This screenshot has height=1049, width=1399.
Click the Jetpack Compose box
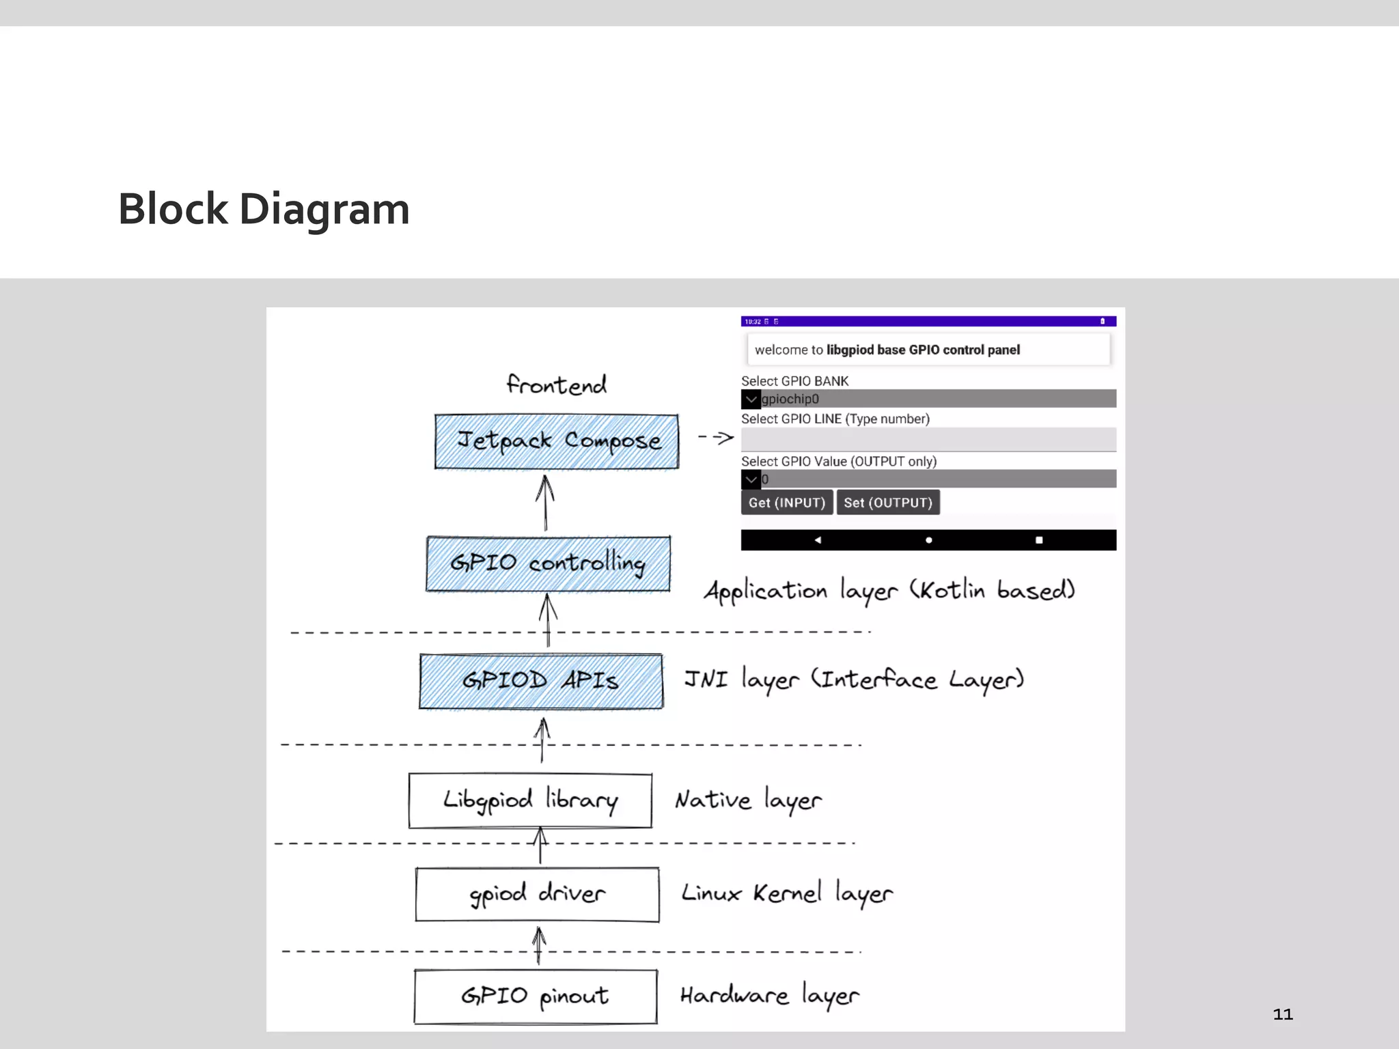tap(557, 441)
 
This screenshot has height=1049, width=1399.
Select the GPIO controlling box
tap(548, 563)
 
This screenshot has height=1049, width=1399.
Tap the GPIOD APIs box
tap(541, 681)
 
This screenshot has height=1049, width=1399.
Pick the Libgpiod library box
tap(530, 800)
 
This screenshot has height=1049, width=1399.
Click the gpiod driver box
tap(537, 894)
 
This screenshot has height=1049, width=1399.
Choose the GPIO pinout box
tap(536, 996)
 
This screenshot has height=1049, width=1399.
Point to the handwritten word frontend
tap(556, 385)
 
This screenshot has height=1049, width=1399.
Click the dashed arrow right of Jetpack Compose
tap(716, 438)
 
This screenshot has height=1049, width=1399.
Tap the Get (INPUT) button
tap(786, 503)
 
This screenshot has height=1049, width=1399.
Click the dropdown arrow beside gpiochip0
tap(751, 399)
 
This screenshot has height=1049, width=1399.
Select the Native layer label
tap(748, 800)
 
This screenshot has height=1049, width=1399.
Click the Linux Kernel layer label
tap(787, 894)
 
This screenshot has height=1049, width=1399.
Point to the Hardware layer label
tap(769, 996)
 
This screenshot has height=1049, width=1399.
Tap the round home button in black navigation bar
tap(928, 540)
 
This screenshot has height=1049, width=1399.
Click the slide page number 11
tap(1282, 1014)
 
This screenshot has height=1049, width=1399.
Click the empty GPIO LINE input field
tap(928, 439)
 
